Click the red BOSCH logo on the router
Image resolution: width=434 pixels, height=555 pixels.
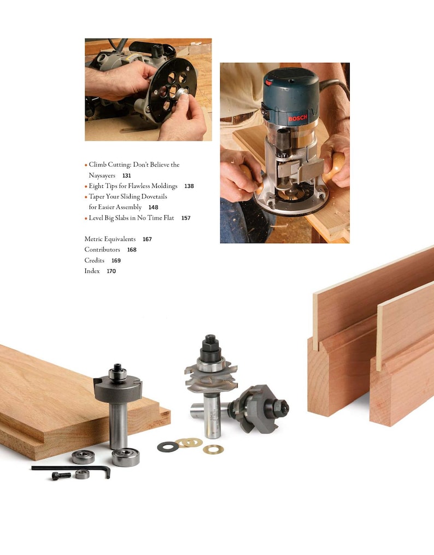298,118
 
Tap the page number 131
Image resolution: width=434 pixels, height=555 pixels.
127,176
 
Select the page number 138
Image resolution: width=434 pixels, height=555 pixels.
189,186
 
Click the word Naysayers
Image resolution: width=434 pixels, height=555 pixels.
102,175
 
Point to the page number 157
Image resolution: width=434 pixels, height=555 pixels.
186,218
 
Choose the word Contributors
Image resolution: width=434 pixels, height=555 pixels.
102,250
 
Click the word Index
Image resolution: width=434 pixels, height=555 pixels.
92,271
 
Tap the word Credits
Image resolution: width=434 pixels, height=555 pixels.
94,261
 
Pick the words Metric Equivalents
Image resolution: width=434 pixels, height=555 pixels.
110,239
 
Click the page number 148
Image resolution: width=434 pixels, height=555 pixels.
153,208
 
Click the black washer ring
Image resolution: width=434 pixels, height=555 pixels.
167,447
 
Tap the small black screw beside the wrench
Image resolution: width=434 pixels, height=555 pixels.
61,476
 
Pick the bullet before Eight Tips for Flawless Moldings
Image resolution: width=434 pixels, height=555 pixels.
86,186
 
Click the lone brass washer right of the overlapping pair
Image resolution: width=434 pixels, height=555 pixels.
213,449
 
